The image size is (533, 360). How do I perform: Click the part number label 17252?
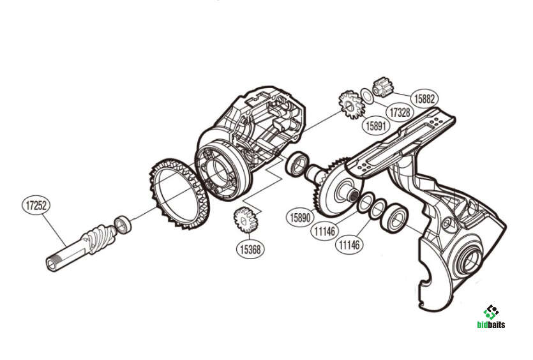36,206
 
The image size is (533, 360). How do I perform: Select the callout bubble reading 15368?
250,250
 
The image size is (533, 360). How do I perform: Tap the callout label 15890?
300,217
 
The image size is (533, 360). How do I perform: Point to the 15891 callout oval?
376,126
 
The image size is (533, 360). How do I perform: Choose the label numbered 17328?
400,112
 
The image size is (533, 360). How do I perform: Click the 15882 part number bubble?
424,98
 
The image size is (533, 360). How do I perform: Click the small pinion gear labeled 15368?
245,221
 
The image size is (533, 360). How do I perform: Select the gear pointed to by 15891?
352,105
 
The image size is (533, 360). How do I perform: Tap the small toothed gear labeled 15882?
383,87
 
